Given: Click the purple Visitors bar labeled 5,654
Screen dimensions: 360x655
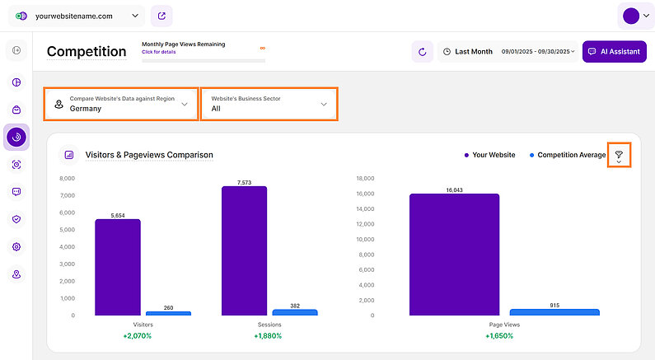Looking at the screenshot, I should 117,267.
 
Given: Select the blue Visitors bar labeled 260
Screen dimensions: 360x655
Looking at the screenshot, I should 168,313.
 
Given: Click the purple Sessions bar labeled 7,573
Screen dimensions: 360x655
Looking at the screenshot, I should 244,250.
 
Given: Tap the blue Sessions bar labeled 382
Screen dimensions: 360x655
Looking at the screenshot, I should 295,312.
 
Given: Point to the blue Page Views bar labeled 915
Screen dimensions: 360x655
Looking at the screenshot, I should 554,312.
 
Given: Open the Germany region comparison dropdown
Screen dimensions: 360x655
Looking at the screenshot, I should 121,104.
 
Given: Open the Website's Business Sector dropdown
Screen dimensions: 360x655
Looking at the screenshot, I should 269,104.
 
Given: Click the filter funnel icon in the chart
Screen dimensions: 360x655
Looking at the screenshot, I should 619,155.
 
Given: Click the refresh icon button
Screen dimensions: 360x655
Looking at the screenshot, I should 423,52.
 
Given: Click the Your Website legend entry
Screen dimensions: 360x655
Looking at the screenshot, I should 490,155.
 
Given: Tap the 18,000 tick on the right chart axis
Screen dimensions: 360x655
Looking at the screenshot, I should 365,178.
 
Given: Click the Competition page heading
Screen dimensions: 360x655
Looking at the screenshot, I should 87,51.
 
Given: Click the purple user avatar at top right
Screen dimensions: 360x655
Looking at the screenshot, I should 631,16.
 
